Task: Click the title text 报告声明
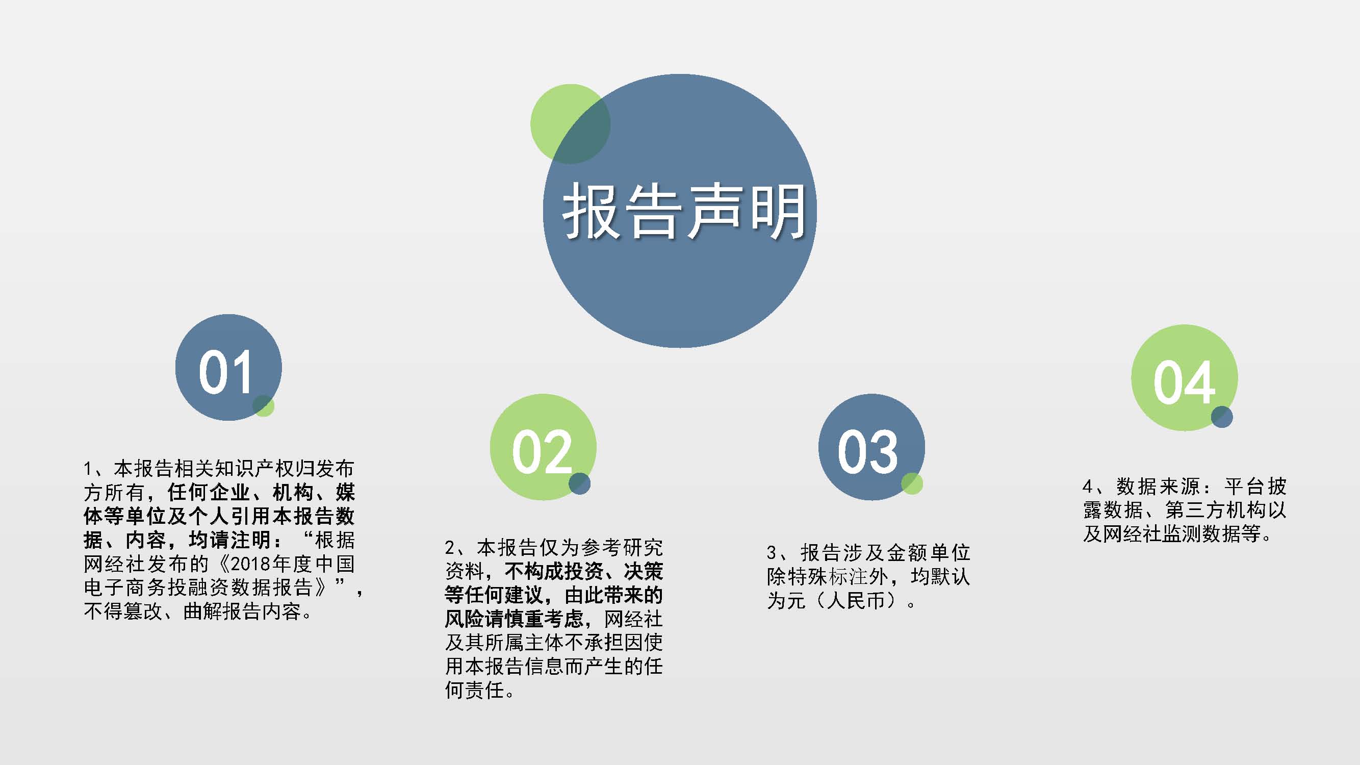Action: [684, 212]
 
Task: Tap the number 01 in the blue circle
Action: [225, 372]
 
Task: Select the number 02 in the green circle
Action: [542, 452]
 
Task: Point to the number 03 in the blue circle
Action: [868, 452]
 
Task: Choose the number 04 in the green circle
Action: [1184, 383]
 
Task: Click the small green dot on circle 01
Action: [264, 405]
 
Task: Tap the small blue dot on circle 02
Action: [579, 483]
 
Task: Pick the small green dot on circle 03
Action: [912, 483]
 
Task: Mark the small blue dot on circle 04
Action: [1222, 417]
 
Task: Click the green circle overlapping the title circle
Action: [570, 123]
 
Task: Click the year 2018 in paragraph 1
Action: [251, 564]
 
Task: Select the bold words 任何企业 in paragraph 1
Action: [209, 493]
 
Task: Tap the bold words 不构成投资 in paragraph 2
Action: [554, 571]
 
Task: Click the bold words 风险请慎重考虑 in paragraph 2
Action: [514, 619]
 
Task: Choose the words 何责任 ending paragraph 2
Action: [475, 690]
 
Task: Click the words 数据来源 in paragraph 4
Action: [1158, 486]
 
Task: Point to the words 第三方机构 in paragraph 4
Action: [1215, 510]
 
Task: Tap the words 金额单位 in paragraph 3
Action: [929, 553]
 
